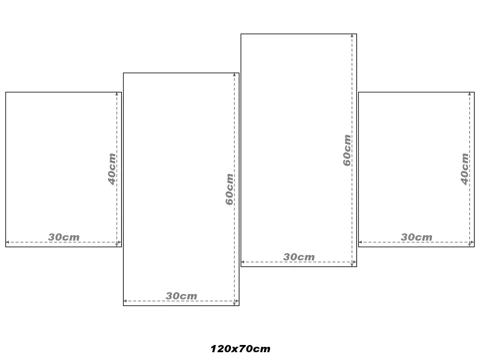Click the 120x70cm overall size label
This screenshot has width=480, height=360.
(x=241, y=349)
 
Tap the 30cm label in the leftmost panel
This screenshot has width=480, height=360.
(x=64, y=237)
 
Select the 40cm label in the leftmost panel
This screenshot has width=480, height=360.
(x=112, y=169)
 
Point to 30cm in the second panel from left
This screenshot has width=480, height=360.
(x=181, y=296)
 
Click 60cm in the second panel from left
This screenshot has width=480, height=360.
(x=230, y=189)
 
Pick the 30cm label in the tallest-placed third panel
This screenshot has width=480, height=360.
(x=299, y=257)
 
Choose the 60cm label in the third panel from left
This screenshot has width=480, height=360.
(x=347, y=151)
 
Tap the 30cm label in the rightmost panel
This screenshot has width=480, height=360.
(x=416, y=237)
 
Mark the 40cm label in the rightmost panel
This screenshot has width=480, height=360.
(x=464, y=169)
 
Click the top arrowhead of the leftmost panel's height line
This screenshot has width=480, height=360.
(x=116, y=94)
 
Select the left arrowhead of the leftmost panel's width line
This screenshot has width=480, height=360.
(x=8, y=242)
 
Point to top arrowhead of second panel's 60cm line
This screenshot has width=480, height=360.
(x=234, y=74)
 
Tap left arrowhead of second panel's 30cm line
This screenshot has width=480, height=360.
(x=125, y=301)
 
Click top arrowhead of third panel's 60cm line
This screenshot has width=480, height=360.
(x=352, y=36)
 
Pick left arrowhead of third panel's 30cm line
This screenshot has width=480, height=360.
(x=243, y=262)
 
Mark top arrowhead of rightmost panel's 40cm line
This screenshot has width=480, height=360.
(x=469, y=94)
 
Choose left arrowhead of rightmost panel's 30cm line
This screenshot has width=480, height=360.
(x=361, y=242)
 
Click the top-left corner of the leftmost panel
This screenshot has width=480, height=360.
(x=6, y=92)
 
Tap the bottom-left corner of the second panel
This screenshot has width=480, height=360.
(x=124, y=305)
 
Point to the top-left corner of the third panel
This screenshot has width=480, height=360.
(x=241, y=34)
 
